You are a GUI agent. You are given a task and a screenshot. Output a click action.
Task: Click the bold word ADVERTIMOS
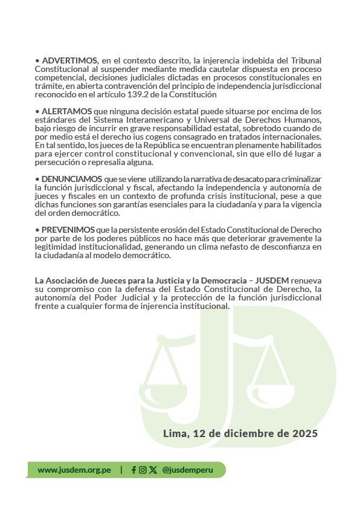click(69, 61)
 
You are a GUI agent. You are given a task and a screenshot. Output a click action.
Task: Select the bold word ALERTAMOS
click(66, 111)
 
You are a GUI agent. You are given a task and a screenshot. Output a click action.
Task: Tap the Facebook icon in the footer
click(133, 470)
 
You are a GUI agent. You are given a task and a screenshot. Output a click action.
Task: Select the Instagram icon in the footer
click(143, 470)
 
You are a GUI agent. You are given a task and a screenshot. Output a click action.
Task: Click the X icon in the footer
click(153, 470)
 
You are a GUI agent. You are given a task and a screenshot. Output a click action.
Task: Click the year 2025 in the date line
click(304, 433)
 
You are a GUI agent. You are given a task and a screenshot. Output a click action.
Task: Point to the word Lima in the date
click(175, 433)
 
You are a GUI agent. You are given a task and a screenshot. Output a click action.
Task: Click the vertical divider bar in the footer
click(121, 470)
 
